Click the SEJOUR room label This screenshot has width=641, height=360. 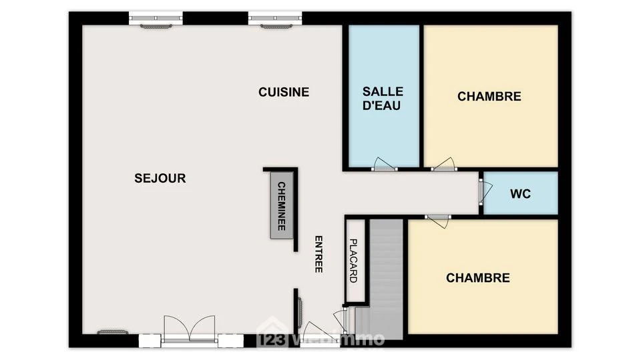[x=160, y=178]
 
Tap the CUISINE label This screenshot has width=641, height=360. [x=284, y=92]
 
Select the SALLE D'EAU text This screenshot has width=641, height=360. [x=383, y=99]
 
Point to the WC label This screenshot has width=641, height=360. [x=520, y=193]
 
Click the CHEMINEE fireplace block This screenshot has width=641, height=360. [x=282, y=205]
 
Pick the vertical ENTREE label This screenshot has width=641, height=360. [x=318, y=254]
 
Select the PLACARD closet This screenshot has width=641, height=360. [x=355, y=261]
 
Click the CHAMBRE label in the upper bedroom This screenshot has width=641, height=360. [x=489, y=96]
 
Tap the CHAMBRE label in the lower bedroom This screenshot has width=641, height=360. [x=478, y=278]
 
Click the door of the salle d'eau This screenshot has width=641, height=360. [x=384, y=164]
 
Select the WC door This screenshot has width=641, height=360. [x=485, y=192]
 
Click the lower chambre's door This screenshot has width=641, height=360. [x=439, y=221]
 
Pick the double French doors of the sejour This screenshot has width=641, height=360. [x=189, y=328]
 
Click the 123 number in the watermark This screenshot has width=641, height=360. [x=272, y=339]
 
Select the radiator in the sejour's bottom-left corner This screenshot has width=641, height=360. [x=112, y=332]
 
